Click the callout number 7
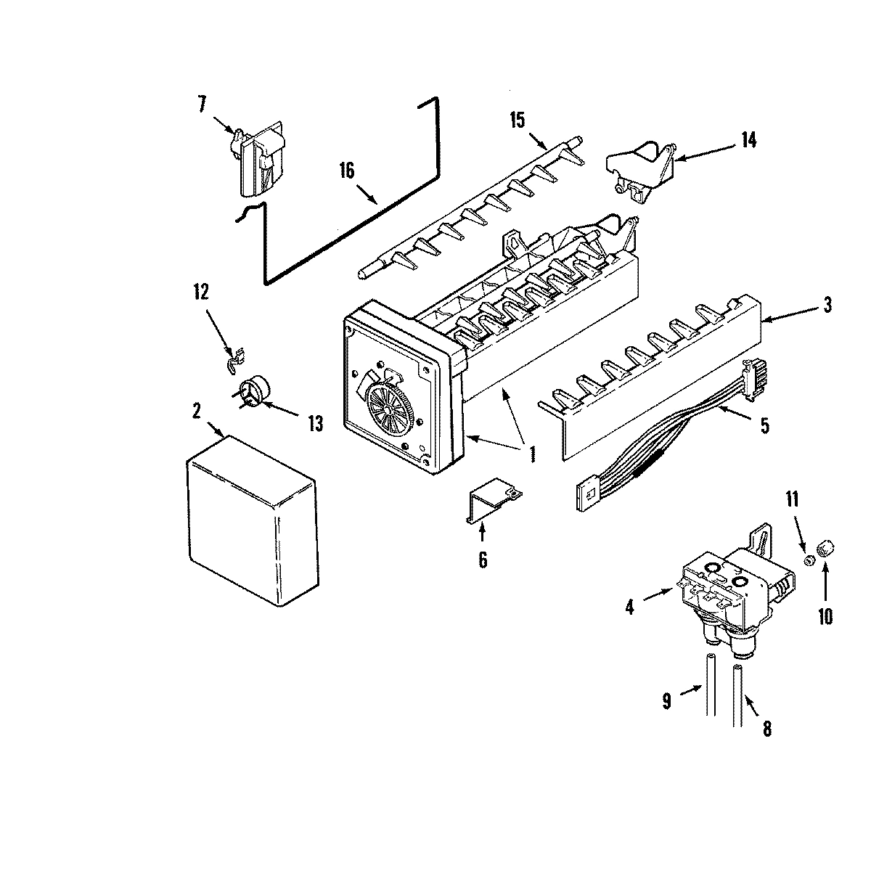[200, 103]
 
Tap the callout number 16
[346, 171]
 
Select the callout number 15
[517, 120]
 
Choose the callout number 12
[200, 292]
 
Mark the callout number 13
[314, 424]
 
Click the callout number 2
[196, 411]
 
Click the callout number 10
[825, 616]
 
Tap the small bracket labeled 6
[492, 502]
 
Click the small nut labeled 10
[825, 565]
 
